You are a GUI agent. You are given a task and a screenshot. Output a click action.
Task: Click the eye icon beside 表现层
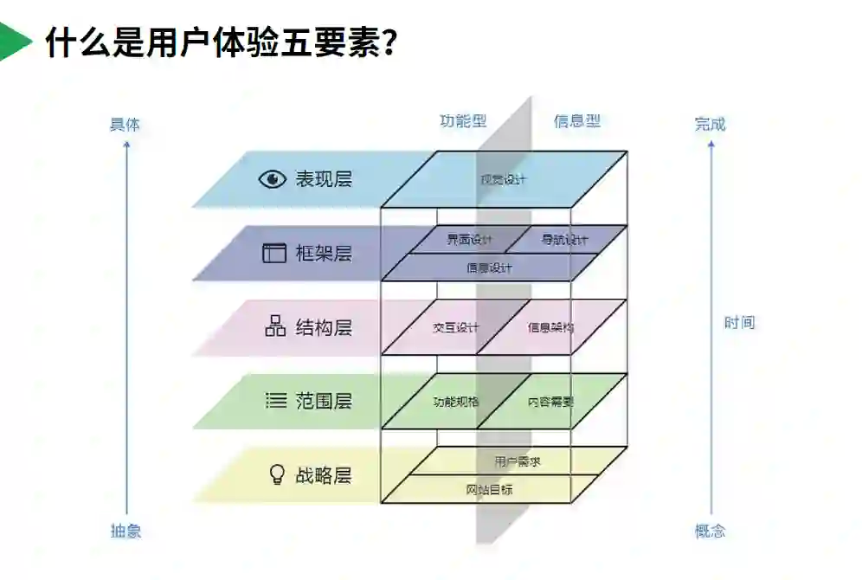pos(272,179)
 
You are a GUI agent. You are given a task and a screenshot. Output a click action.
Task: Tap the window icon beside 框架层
pos(273,253)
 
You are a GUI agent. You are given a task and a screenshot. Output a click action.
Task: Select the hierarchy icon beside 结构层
pos(274,327)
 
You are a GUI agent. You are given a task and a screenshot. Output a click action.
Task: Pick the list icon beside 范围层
pos(275,401)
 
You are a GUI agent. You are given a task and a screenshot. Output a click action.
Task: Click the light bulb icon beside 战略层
pos(276,474)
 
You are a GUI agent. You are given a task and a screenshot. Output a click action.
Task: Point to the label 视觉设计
pos(503,179)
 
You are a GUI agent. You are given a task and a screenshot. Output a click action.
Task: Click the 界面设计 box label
pos(469,240)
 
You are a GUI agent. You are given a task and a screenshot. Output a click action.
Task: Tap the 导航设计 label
pos(564,240)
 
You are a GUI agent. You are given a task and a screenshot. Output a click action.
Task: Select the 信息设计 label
pos(489,267)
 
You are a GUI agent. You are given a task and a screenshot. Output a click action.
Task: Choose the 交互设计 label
pos(455,328)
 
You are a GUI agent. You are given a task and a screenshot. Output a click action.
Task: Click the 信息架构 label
pos(550,328)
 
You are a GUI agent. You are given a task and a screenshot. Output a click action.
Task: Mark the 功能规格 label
pos(455,402)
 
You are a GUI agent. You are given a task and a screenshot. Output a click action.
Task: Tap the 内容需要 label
pos(550,402)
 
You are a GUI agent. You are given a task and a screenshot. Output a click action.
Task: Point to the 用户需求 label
pos(518,461)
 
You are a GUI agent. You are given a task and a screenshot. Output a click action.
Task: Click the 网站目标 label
pos(489,489)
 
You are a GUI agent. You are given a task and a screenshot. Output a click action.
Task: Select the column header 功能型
pos(463,121)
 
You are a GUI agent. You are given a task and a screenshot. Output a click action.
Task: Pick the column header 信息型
pos(576,121)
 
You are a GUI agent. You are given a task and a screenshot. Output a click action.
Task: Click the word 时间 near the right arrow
pos(739,323)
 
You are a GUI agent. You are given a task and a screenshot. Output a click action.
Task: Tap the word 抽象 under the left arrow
pos(125,531)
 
